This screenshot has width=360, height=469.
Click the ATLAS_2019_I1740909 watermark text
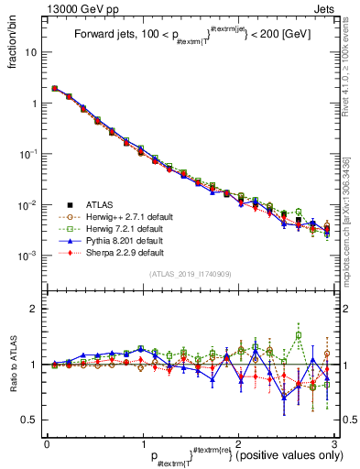click(x=191, y=275)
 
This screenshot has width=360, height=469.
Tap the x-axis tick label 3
click(x=335, y=442)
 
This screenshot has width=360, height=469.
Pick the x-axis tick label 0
click(x=47, y=442)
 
